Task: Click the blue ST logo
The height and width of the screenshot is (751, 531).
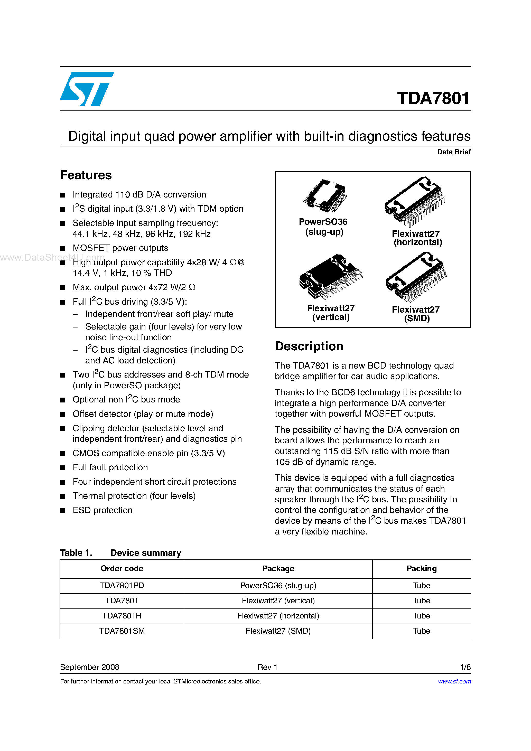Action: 86,89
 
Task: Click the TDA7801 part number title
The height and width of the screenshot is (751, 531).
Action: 433,98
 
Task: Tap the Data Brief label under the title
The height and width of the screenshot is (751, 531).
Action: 453,152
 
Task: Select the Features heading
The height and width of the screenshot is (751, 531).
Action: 86,175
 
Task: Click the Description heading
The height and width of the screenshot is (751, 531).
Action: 309,346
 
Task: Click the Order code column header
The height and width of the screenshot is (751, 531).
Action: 122,568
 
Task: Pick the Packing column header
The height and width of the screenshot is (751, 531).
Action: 421,568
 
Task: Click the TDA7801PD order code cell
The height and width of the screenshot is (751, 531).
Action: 122,586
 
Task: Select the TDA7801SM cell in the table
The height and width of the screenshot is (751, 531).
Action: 122,631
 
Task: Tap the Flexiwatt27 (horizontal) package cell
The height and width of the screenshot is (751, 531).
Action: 278,616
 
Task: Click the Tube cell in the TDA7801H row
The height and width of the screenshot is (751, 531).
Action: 421,616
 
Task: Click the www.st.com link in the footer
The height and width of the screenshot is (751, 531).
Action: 454,681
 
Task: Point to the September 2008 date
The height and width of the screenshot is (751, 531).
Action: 90,667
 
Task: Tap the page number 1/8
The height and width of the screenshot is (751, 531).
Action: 465,667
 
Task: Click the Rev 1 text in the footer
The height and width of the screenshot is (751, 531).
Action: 267,667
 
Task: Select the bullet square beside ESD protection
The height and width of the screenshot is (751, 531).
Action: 63,511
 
